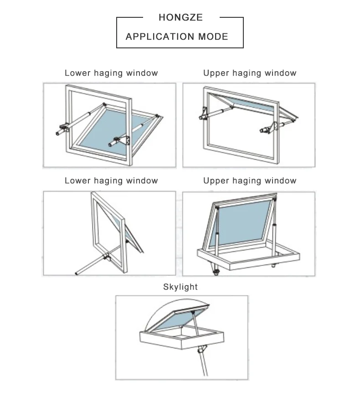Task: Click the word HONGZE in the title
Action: coord(180,18)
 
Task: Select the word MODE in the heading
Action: coord(213,36)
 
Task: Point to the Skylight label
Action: coord(180,287)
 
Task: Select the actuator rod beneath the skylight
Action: coord(201,360)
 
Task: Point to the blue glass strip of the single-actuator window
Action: coord(132,235)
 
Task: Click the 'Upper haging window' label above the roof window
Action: coord(250,181)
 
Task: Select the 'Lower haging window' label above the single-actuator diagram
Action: coord(111,181)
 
